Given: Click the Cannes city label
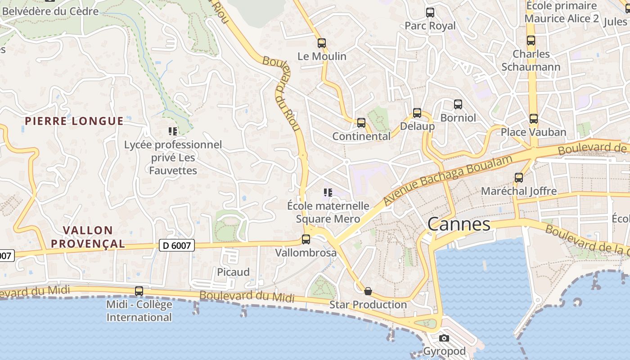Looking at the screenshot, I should [x=459, y=224].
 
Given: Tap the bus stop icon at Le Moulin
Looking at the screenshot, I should [x=321, y=43].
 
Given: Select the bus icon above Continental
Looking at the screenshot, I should [x=361, y=123].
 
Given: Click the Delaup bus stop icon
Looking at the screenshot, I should [x=417, y=113].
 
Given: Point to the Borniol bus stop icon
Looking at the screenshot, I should [x=458, y=104].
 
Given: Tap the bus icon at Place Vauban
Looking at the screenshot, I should [x=533, y=119].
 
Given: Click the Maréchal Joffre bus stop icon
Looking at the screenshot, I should [x=519, y=178].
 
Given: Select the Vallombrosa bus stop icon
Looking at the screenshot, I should [x=306, y=239].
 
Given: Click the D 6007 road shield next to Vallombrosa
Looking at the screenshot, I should [x=177, y=246].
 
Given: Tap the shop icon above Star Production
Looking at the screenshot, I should [x=368, y=291].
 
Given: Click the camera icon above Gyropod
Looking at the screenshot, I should [x=444, y=338].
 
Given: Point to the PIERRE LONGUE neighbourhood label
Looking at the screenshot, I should [x=74, y=121].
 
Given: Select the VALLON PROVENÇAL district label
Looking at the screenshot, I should [x=88, y=237].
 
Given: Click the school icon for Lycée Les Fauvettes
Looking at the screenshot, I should [x=173, y=131].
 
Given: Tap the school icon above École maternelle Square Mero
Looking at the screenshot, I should [x=328, y=193].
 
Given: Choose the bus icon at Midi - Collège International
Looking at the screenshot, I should [x=139, y=291].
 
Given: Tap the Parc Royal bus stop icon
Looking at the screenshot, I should [x=430, y=13].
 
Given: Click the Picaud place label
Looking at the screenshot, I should [x=233, y=272].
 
